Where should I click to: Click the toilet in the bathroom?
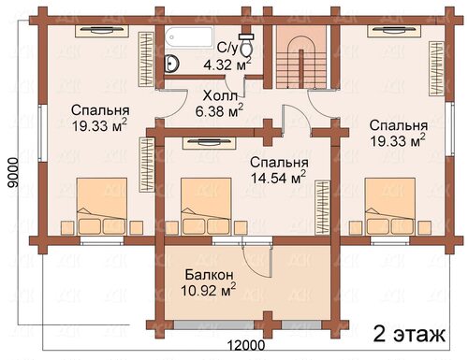246,45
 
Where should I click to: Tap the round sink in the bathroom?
171,64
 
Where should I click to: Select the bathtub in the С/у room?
189,37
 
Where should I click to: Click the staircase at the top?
301,57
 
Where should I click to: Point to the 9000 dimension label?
13,172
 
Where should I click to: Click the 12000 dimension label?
246,346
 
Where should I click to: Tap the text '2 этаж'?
409,334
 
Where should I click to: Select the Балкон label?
209,275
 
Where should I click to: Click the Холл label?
220,96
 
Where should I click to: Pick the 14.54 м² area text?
278,178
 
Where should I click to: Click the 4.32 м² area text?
227,65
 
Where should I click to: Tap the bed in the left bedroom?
102,206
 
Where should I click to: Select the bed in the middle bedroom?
206,206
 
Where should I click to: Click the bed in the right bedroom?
390,206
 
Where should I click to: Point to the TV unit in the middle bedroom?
209,143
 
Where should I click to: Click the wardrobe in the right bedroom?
437,69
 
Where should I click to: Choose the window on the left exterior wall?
43,132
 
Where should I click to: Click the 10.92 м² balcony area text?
208,290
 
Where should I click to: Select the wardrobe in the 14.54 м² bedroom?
322,208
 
